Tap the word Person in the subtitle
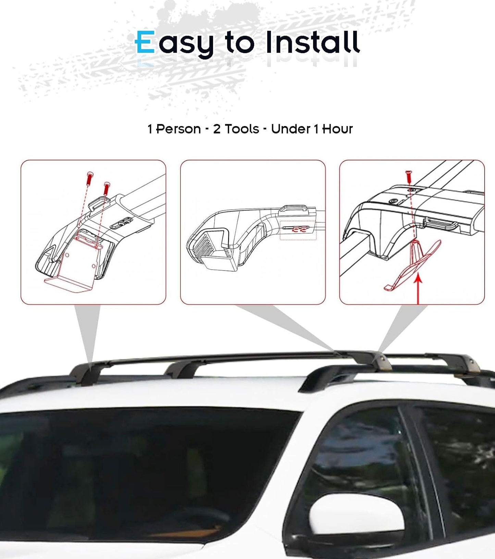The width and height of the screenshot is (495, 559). click(x=178, y=129)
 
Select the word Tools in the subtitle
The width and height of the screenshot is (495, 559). click(x=242, y=129)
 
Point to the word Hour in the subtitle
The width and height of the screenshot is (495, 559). click(x=337, y=129)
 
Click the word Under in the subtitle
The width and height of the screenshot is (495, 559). click(x=290, y=129)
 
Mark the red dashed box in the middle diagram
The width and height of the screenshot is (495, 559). click(x=298, y=230)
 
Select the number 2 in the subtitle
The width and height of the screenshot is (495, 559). click(x=217, y=129)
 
